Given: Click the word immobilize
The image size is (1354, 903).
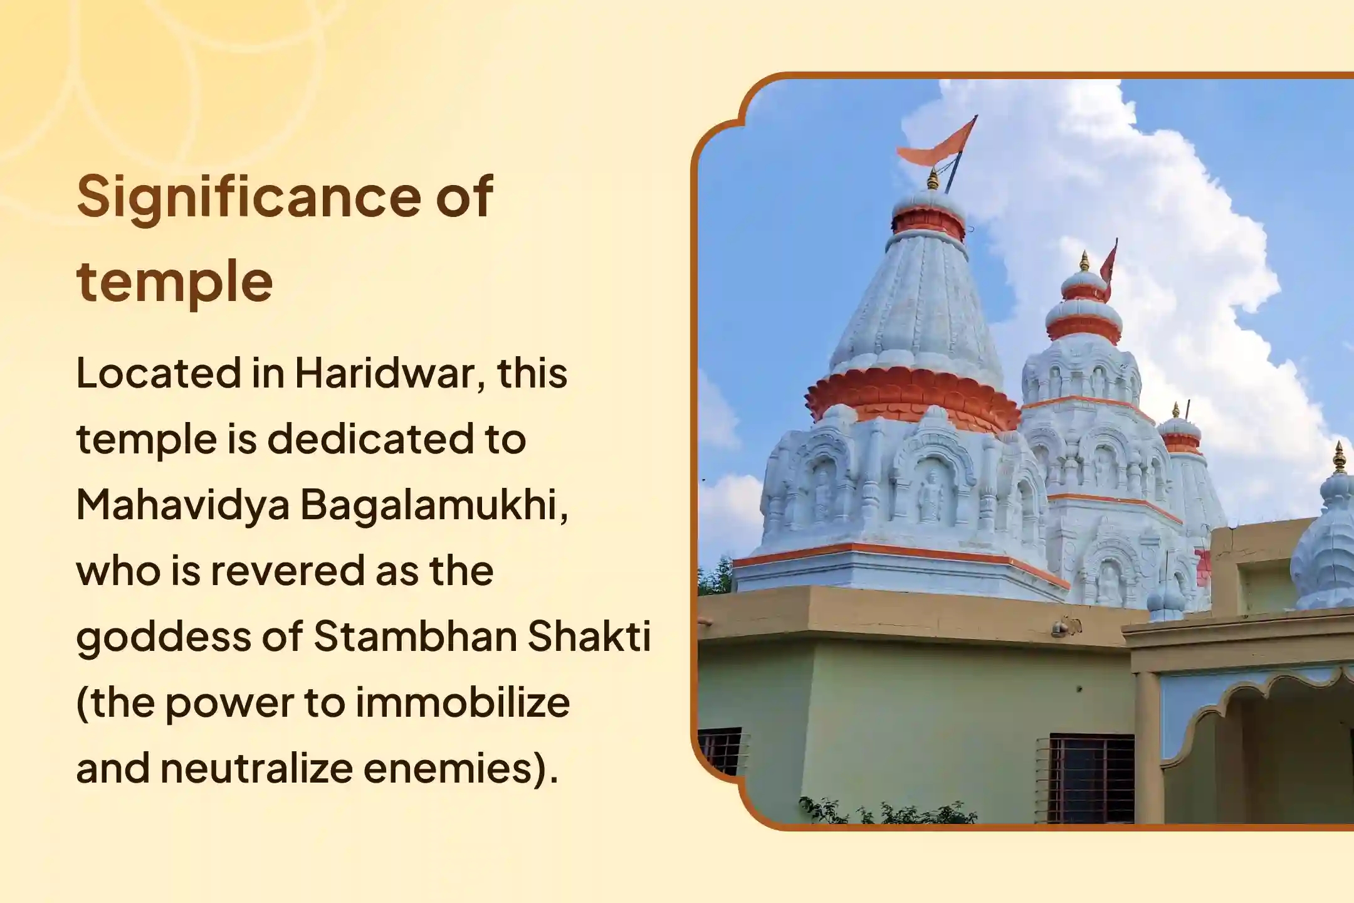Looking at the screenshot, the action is [463, 702].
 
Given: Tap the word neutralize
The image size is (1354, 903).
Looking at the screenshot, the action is [256, 768].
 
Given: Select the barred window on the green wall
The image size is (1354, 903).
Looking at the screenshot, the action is [1091, 778].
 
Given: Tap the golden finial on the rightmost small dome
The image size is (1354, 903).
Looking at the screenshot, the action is [1340, 458].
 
